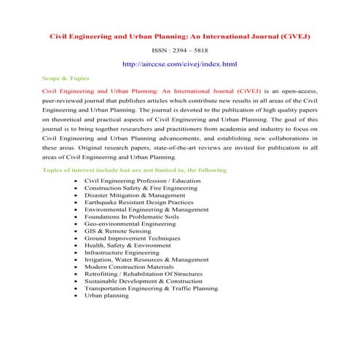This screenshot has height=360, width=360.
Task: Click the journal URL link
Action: [x=180, y=65]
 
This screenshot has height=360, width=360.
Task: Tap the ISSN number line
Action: [x=180, y=51]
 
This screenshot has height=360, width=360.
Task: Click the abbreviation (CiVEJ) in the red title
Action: [x=290, y=36]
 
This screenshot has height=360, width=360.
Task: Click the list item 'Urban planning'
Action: [x=106, y=296]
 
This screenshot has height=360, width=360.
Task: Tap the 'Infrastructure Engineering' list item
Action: [x=126, y=251]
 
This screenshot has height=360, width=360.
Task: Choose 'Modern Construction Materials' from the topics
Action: [x=130, y=267]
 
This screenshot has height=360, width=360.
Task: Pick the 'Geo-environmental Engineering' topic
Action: [x=130, y=224]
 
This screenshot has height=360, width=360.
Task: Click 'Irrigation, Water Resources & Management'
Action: [x=141, y=259]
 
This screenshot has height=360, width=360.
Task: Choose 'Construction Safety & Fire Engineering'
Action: [x=141, y=187]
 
